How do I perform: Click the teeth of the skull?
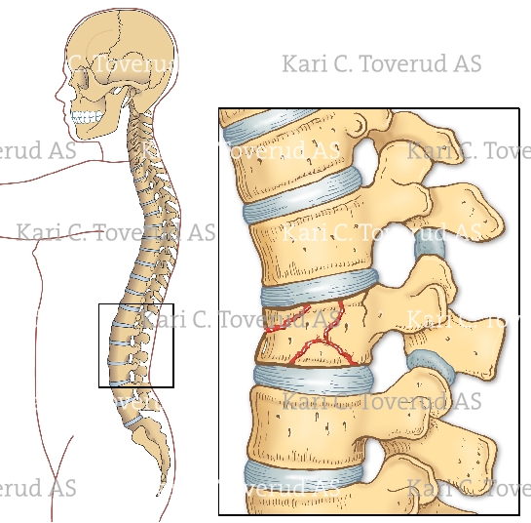point(86,117)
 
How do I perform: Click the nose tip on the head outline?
point(57,97)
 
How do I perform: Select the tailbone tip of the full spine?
point(160,493)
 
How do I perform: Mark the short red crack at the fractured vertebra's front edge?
point(287,319)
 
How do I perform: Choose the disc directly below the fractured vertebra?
point(314,377)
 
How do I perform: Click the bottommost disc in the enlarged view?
point(303,473)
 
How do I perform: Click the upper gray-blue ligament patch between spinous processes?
point(430,247)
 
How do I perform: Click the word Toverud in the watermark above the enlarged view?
point(398,63)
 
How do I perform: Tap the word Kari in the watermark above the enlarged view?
point(307,63)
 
